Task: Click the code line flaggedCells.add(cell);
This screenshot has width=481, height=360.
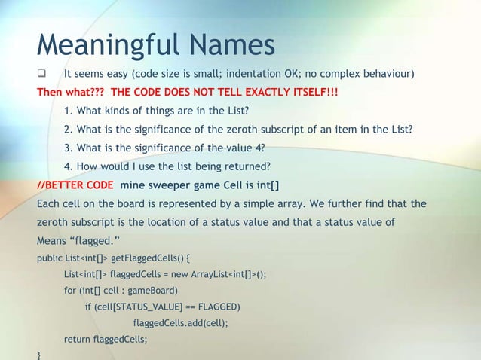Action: tap(180, 323)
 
